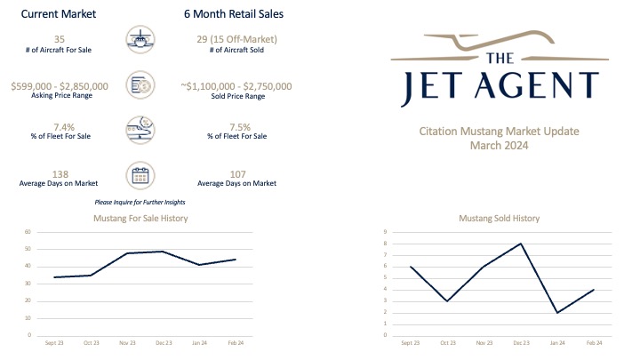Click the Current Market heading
58,15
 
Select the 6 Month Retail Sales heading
236,15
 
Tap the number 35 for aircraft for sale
60,38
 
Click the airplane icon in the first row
142,42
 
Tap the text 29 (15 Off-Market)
236,38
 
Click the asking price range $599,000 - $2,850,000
60,85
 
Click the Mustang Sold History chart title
499,218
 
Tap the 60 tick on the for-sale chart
28,232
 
